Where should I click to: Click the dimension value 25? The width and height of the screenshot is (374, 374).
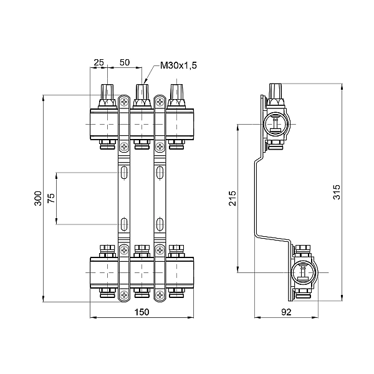pos(98,63)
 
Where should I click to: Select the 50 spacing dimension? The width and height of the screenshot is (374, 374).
pos(124,63)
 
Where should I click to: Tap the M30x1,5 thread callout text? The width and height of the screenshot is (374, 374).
pos(177,65)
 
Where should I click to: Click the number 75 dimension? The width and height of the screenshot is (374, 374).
pos(51,198)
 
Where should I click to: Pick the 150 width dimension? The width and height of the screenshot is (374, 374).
pos(143,312)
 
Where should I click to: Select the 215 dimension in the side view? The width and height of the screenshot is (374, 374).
pos(232,198)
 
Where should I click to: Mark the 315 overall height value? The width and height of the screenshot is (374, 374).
pos(337,192)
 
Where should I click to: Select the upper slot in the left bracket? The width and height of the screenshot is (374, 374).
pos(125,173)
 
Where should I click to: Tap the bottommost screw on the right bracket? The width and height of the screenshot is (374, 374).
pos(160,294)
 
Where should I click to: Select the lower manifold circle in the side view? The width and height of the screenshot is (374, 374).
pos(302,272)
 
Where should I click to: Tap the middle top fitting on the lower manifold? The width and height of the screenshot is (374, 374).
pos(143,251)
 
